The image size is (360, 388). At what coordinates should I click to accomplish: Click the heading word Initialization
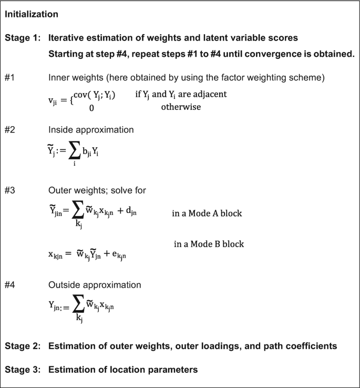tap(32, 15)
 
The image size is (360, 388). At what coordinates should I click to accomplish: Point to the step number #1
tap(11, 78)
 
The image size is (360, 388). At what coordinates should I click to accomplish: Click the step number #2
tap(11, 129)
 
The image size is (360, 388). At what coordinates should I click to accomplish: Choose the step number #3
tap(11, 190)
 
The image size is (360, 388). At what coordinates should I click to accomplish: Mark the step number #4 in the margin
tap(11, 284)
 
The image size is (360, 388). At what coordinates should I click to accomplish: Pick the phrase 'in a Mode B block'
tap(209, 244)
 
